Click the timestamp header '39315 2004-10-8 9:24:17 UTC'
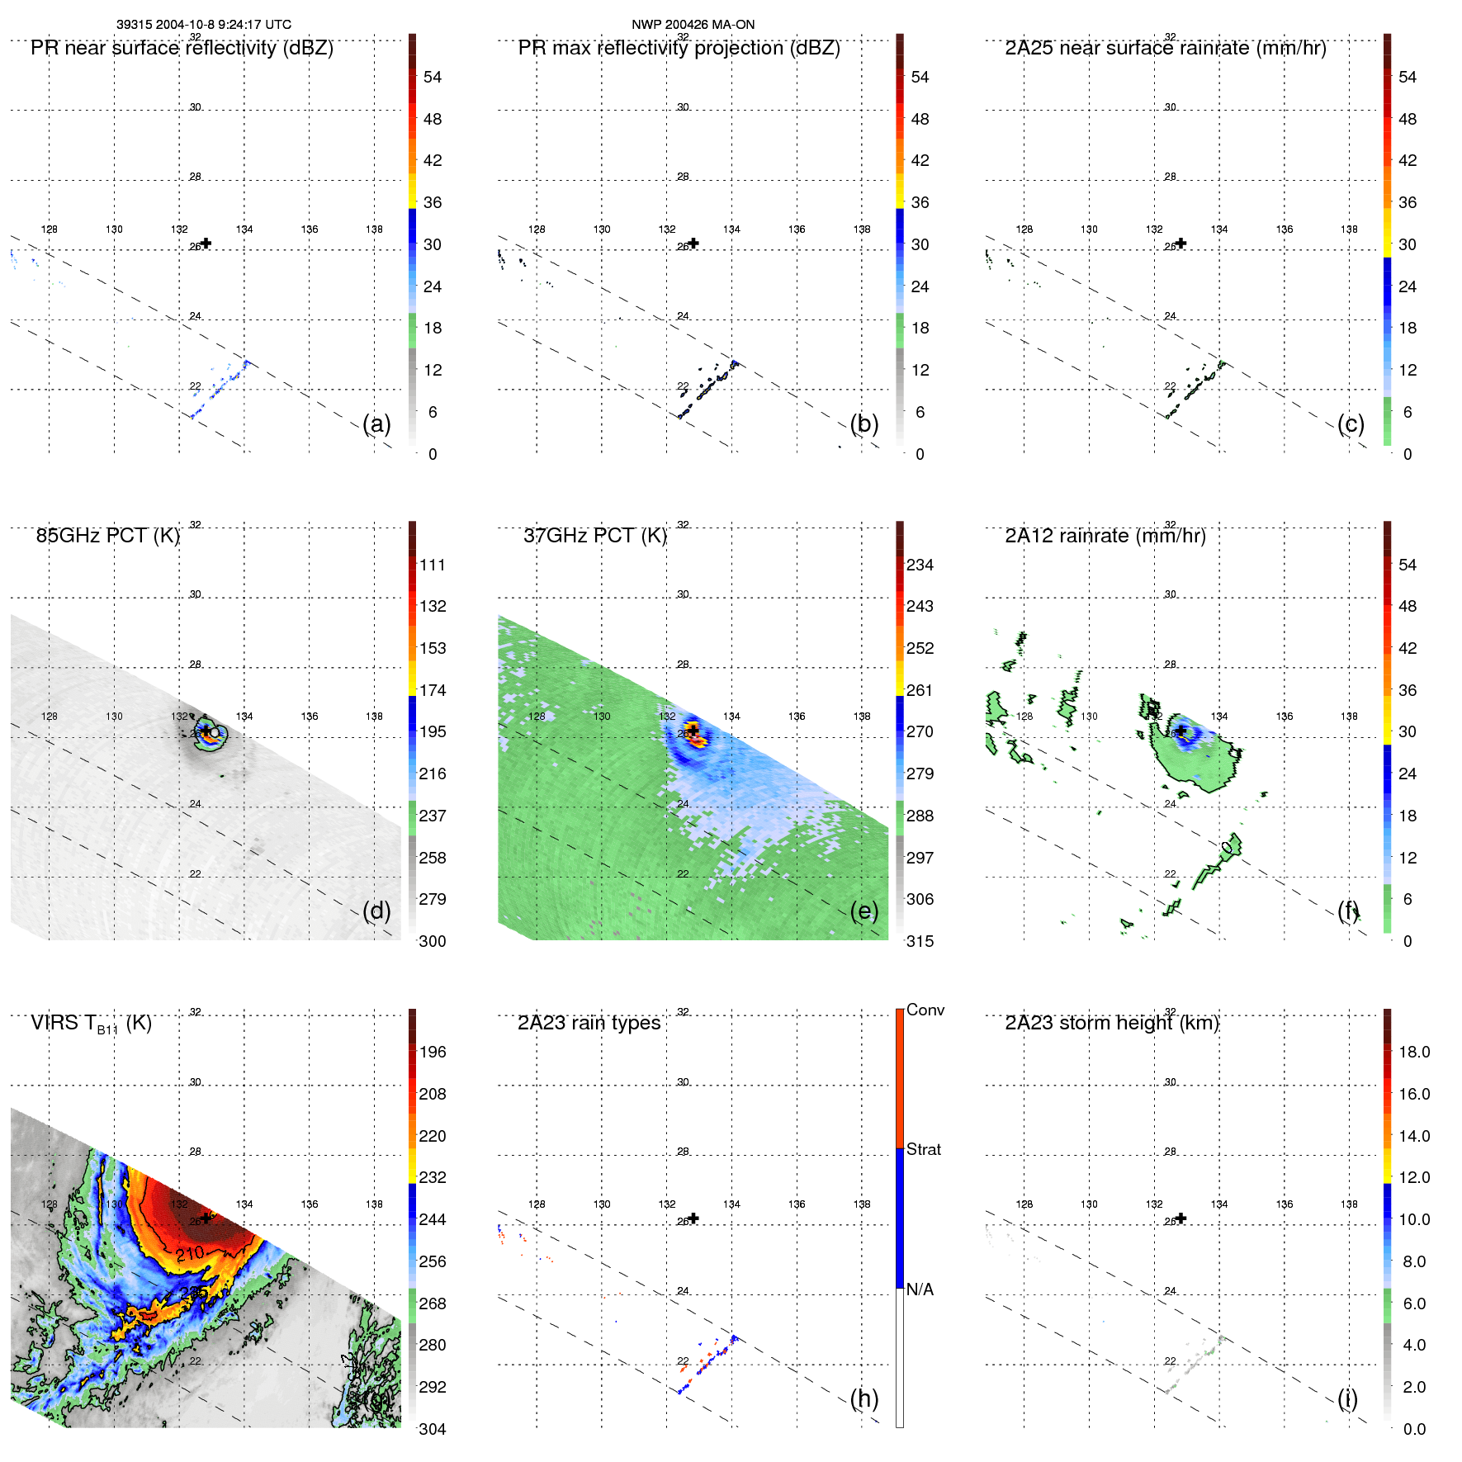coord(204,25)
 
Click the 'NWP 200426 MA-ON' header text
coord(693,25)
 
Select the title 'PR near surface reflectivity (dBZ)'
coord(182,48)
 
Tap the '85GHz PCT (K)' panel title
coord(107,536)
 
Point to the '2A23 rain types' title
coord(589,1023)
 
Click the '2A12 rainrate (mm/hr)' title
coord(1105,536)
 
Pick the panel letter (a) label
coord(376,423)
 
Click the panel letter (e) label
coord(863,911)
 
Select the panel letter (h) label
coord(863,1398)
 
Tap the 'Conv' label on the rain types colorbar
coord(925,1010)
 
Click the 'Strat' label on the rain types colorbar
coord(923,1149)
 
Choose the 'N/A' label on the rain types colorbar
coord(920,1289)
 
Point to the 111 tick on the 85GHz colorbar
coord(433,565)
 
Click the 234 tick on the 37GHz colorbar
coord(920,565)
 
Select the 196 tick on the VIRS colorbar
coord(433,1052)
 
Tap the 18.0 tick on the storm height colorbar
coord(1413,1052)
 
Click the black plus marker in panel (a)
coord(206,243)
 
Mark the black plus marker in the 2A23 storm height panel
coord(1181,1218)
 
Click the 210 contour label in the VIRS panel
coord(190,1254)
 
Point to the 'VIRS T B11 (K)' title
coord(91,1024)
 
